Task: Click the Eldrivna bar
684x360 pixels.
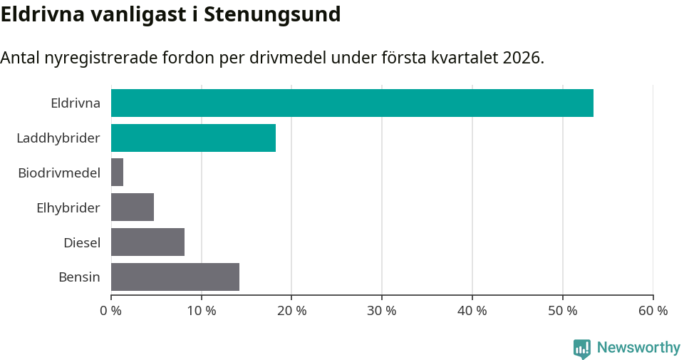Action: tap(352, 103)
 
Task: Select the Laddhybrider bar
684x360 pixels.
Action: tap(193, 138)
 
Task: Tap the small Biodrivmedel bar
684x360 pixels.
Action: tap(118, 173)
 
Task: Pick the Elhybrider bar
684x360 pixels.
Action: tap(133, 207)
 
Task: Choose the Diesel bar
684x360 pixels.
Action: tap(147, 242)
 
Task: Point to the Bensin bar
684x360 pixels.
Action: tap(175, 277)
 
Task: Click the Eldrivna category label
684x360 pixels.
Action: tap(76, 103)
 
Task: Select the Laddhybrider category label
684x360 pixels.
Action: tap(58, 138)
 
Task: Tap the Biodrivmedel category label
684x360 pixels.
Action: tap(59, 173)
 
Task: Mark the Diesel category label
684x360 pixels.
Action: tap(82, 242)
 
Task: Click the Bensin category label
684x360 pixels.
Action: tap(79, 277)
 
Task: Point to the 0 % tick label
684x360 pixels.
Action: tap(111, 311)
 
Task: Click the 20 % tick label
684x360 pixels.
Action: tap(291, 311)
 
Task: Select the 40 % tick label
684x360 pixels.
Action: tap(472, 311)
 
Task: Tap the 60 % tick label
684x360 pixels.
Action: tap(653, 311)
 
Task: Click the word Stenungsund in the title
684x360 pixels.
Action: tap(272, 14)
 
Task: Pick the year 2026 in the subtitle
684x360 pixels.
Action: tap(522, 58)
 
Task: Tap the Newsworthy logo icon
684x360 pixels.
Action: tap(582, 348)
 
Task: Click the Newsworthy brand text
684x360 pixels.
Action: tap(638, 348)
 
